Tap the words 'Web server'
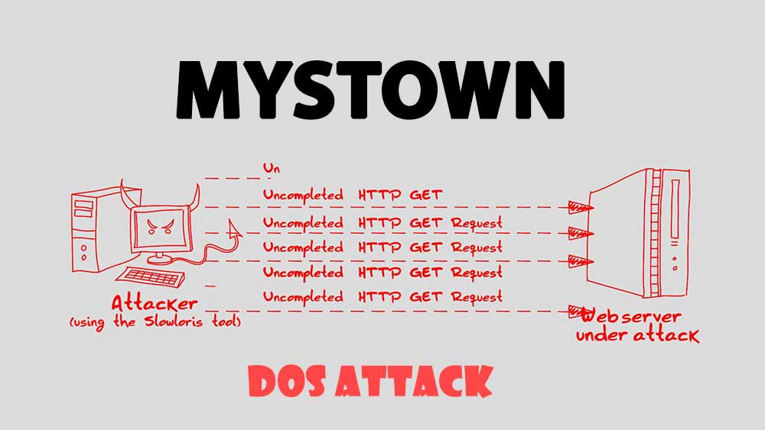pos(630,315)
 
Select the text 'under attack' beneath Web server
pos(636,335)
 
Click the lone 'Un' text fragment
pos(270,168)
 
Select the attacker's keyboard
pos(151,276)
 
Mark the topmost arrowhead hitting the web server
pos(580,206)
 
